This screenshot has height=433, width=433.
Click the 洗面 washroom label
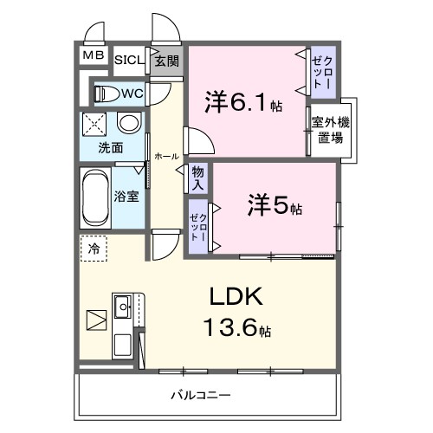[110, 147]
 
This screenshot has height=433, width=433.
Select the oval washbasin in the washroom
[128, 122]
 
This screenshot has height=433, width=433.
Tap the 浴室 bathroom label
[127, 196]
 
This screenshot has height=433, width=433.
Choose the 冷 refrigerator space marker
[94, 249]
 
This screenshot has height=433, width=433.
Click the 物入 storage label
[198, 178]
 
